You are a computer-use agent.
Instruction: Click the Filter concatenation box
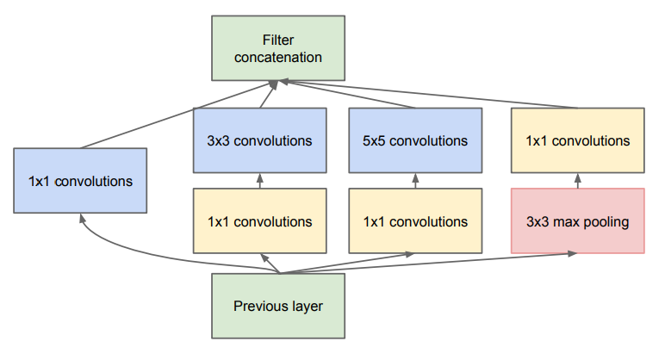tap(278, 48)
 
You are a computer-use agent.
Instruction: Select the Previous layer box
tap(278, 306)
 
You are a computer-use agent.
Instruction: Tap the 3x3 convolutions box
tap(260, 140)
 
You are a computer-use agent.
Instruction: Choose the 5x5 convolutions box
tap(415, 140)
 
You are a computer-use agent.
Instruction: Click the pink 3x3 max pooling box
tap(578, 221)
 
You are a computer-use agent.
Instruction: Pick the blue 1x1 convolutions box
tap(80, 181)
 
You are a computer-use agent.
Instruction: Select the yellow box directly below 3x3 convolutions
tap(260, 221)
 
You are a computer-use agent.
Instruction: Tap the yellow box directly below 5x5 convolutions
tap(415, 221)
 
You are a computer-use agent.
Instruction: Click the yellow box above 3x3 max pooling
tap(578, 140)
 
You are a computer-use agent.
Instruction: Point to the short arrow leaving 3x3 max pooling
tap(578, 181)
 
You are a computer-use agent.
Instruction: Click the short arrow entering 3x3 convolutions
tap(260, 181)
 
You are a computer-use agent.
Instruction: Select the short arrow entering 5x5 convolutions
tap(415, 181)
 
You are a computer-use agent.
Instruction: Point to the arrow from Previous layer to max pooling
tap(428, 263)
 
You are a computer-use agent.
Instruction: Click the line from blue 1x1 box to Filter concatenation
tap(178, 115)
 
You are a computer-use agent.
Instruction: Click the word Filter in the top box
tap(278, 40)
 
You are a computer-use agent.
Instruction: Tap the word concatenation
tap(278, 57)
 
